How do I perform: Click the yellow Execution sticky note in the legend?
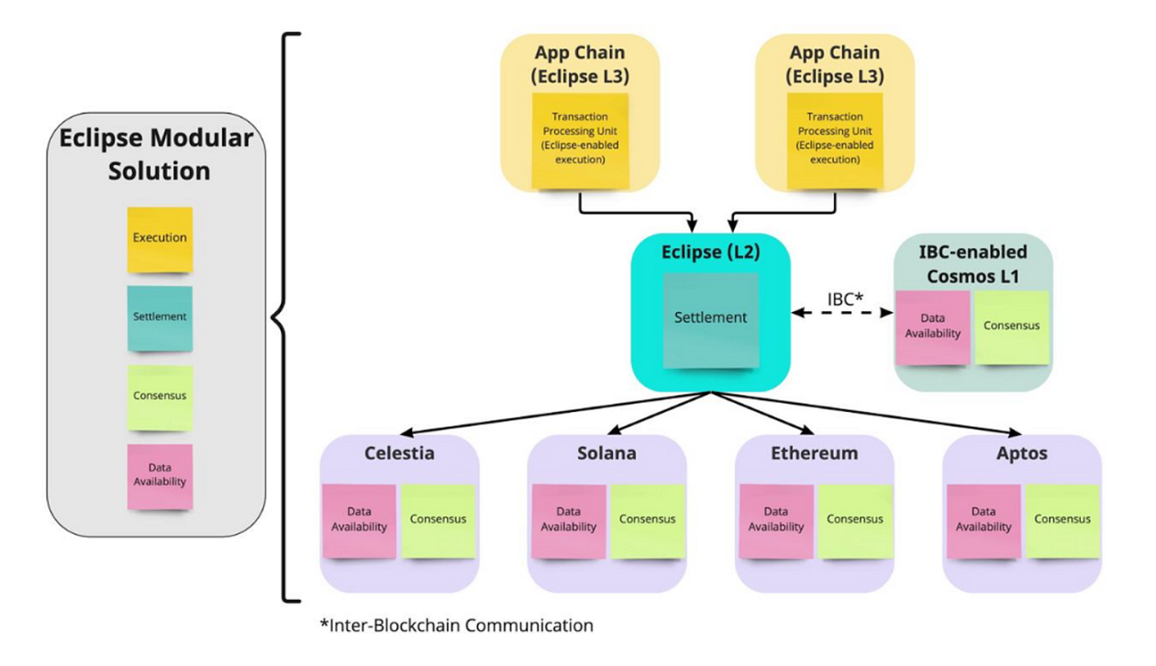[x=160, y=239]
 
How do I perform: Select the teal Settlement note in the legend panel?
[x=160, y=317]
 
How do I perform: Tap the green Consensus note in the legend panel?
[x=160, y=397]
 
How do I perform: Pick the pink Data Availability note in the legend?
[x=160, y=475]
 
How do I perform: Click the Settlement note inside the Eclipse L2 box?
[x=711, y=318]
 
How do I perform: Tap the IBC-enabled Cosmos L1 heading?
[x=973, y=263]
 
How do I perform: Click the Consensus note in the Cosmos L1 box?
[x=1011, y=326]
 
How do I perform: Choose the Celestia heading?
[x=399, y=453]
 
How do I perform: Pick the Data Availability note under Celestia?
[x=359, y=520]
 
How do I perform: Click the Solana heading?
[x=606, y=453]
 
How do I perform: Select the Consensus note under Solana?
[x=647, y=520]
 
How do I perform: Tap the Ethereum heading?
[x=815, y=453]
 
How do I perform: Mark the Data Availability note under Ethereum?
[x=776, y=520]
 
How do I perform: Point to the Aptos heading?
[x=1022, y=453]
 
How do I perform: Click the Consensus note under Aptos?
[x=1062, y=520]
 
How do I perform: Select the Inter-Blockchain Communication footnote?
[x=456, y=627]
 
